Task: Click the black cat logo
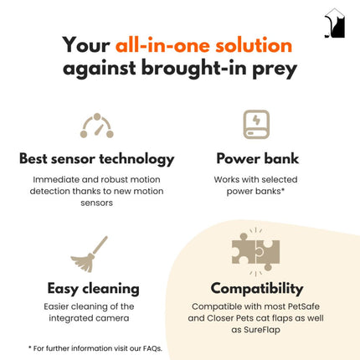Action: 335,23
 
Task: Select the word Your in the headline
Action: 86,45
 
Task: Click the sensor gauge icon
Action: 97,126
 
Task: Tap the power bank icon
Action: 256,125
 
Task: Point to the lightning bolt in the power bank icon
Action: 256,121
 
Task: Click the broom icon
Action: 90,255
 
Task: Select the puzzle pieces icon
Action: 255,252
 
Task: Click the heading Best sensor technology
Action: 97,159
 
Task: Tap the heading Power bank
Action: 258,158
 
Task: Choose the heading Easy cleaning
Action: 93,289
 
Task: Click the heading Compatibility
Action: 257,289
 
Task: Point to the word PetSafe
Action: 304,306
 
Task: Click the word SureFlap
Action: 262,330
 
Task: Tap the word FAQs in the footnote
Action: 152,348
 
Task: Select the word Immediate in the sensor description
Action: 56,179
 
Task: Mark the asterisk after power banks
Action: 283,189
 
